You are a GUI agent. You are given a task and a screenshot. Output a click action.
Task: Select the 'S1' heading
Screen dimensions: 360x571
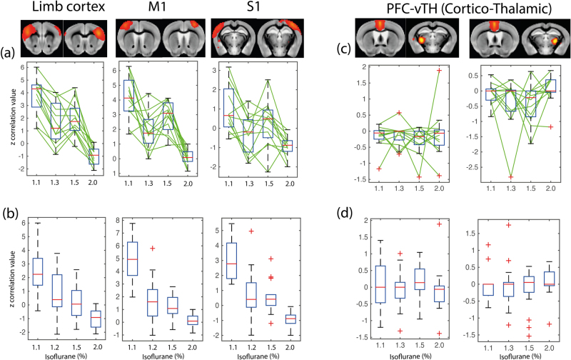click(244, 9)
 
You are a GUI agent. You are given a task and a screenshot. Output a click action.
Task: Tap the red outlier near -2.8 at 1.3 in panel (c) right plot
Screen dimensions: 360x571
click(510, 176)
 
